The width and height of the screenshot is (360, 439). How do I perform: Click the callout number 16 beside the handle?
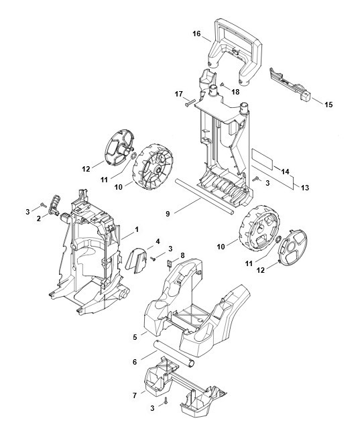pos(196,34)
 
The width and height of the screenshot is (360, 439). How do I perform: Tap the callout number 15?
pos(328,105)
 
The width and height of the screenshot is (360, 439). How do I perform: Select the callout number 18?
pos(236,92)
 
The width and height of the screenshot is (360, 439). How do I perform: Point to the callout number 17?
pos(178,94)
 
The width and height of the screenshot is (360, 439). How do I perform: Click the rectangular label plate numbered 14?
pos(261,159)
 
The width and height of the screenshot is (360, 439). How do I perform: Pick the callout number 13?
pos(305,187)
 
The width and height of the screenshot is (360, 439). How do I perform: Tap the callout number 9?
pos(168,214)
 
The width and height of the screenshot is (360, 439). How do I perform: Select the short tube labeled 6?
pos(174,353)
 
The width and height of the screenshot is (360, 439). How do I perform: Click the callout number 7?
pos(135,395)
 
